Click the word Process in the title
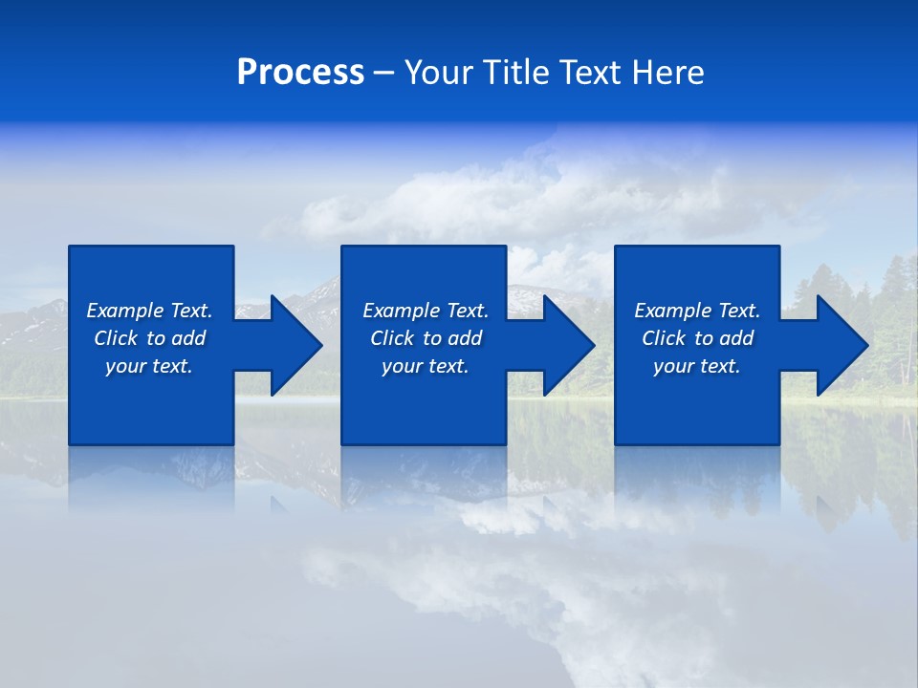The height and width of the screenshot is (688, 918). click(300, 73)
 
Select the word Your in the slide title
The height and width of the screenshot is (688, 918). click(439, 73)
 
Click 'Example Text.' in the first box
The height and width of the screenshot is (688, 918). click(149, 311)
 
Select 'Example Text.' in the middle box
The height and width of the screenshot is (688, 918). click(426, 311)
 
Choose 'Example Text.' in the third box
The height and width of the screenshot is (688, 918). click(697, 311)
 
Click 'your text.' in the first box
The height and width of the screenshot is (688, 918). click(149, 366)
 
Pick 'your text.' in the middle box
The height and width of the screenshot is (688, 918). click(426, 366)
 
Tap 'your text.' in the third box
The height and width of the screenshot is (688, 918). click(697, 366)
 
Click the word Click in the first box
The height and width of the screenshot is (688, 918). click(116, 338)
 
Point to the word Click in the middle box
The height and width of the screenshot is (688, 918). click(392, 338)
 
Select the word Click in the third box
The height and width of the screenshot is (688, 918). click(664, 338)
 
